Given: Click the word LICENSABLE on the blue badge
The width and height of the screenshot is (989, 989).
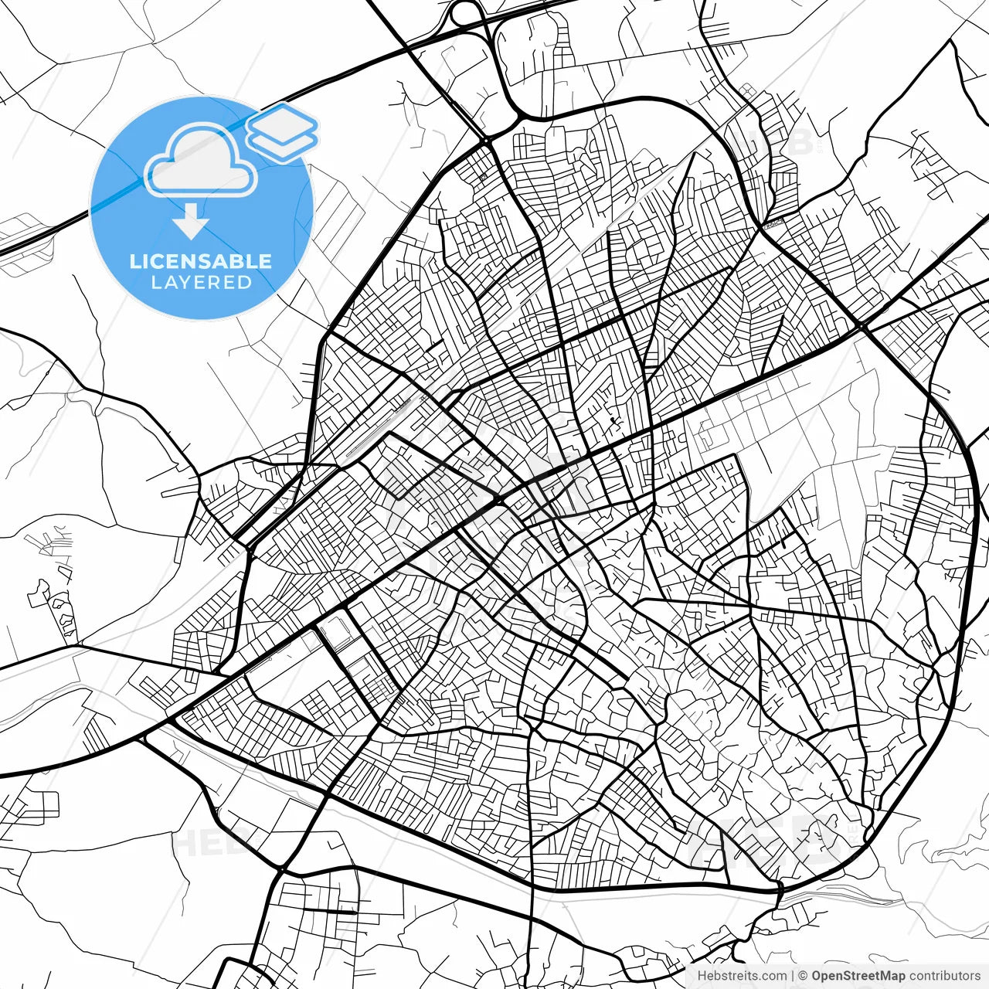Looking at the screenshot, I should (201, 261).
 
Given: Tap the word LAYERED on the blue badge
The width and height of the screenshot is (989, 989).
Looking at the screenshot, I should (201, 283).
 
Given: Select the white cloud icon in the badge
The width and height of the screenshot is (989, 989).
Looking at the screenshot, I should (201, 162).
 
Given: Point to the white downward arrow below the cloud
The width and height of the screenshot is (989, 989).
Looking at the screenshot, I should (191, 224).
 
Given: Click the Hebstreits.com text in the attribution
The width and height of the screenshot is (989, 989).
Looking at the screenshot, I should (742, 976).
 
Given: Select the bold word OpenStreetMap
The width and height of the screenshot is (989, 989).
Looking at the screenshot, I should (858, 976).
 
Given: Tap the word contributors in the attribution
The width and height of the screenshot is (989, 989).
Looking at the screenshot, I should (944, 976).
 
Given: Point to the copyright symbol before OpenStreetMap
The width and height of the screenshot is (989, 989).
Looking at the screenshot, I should (804, 976).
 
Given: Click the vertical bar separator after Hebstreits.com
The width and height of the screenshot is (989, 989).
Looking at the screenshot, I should (794, 976).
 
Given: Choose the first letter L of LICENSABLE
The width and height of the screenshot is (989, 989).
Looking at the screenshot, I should (134, 261).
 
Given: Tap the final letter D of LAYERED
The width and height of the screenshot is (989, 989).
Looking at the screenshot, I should (245, 283).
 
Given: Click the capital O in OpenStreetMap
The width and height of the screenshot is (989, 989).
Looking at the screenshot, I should (817, 976).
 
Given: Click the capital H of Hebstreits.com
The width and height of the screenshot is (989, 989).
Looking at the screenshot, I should (702, 976).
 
